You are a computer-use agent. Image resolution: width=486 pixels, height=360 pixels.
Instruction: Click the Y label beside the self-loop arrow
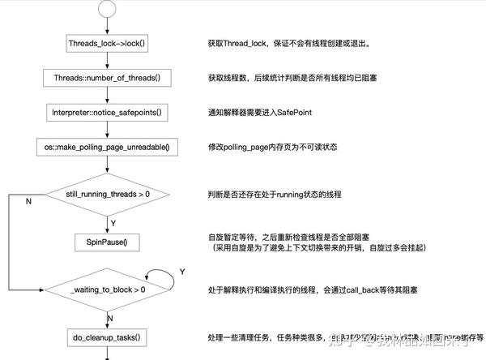[182, 269]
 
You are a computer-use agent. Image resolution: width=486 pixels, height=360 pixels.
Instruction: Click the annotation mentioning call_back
[308, 289]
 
